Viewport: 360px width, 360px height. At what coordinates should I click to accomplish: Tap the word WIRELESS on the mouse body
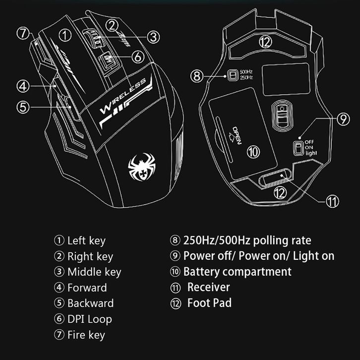point(123,95)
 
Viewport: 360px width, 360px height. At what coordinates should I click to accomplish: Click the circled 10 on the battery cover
point(253,152)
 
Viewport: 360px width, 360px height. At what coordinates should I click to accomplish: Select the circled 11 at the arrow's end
point(332,201)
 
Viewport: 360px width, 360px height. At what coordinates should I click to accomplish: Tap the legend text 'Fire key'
point(86,335)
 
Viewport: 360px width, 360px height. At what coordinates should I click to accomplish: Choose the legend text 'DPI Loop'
point(89,319)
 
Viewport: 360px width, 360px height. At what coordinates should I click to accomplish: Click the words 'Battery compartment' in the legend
point(237,272)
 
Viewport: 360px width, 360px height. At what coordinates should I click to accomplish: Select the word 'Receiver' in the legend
point(208,287)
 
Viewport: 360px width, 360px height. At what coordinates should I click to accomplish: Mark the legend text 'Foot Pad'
point(209,303)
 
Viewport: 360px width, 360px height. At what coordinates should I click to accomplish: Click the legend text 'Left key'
point(86,241)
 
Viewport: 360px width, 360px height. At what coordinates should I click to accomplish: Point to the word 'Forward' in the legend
point(87,288)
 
